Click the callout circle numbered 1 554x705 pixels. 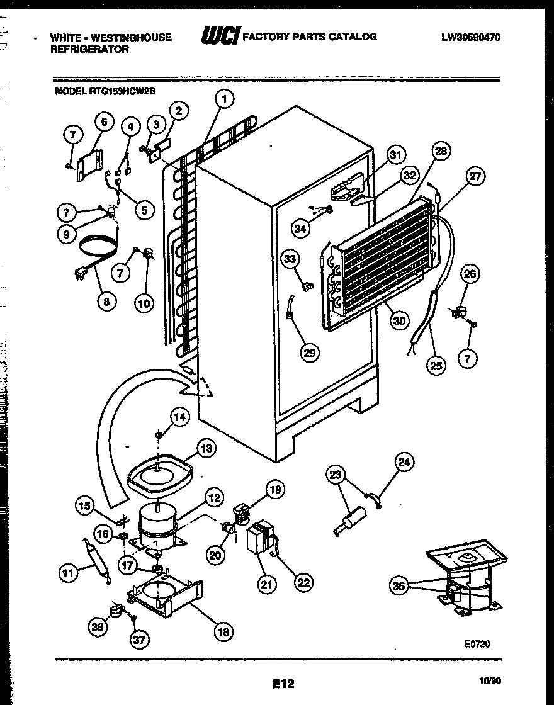[x=223, y=99]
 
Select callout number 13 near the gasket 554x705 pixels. [x=206, y=448]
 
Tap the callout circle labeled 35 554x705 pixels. [x=397, y=587]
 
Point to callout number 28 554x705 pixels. [x=441, y=152]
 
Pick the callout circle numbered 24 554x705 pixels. [x=404, y=463]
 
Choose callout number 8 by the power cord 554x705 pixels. [x=106, y=302]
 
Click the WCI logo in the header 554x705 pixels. [x=220, y=37]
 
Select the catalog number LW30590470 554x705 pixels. [x=471, y=37]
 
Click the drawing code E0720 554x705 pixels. [x=477, y=644]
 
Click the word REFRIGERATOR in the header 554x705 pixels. [x=89, y=49]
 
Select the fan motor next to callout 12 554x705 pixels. [x=157, y=526]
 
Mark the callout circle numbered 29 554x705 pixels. [x=309, y=352]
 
